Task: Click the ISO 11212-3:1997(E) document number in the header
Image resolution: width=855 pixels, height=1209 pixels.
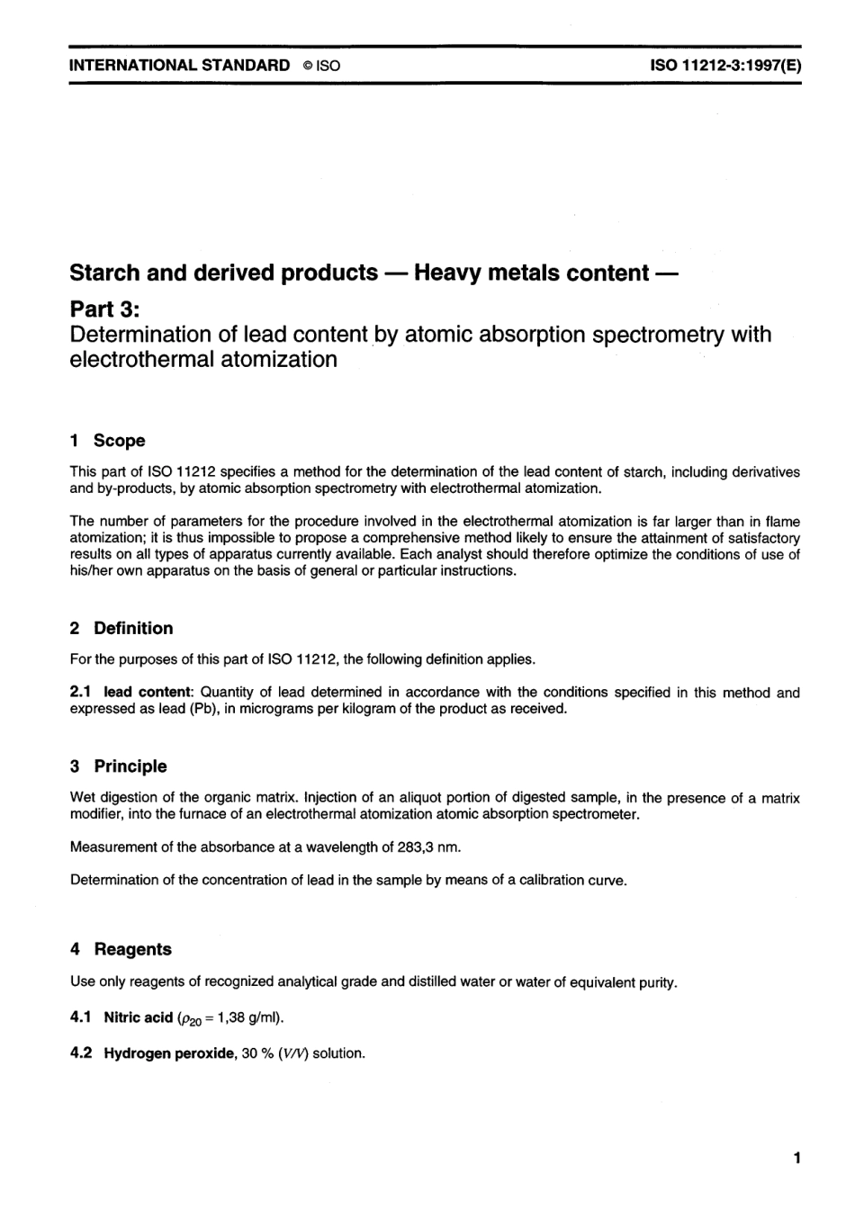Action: point(724,66)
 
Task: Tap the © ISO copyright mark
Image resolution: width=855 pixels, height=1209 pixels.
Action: point(322,66)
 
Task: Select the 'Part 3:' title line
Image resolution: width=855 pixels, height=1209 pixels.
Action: point(104,309)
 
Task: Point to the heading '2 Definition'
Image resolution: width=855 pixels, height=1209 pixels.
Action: point(121,629)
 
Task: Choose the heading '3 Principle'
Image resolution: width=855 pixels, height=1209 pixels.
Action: point(118,766)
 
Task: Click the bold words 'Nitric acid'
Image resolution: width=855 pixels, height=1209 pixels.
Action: point(138,1018)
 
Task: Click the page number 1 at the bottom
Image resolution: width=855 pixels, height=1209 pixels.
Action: point(796,1159)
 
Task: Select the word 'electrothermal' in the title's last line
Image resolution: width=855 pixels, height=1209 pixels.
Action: point(144,360)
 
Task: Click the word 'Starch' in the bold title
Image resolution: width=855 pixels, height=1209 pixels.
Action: point(103,273)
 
